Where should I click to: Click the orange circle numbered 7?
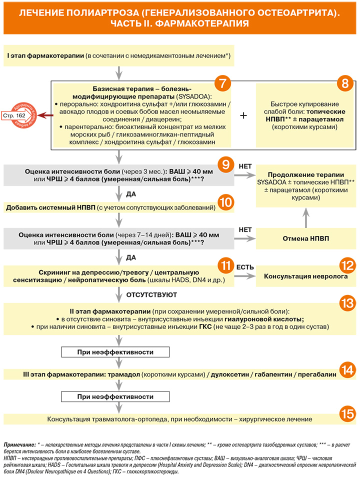222,83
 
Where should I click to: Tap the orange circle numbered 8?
345,83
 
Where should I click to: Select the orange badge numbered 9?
226,165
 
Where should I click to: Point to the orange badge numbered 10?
226,202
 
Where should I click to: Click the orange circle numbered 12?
347,265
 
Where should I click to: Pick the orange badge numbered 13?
347,303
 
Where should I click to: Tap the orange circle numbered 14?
347,370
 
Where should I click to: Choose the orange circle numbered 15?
347,414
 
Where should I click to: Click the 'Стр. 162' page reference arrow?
17,116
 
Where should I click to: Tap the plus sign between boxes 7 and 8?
243,115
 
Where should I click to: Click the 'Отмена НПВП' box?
306,238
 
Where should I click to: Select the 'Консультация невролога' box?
306,276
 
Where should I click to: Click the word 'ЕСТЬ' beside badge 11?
245,267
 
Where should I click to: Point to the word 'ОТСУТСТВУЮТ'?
151,295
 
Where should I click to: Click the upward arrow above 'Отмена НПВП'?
306,217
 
